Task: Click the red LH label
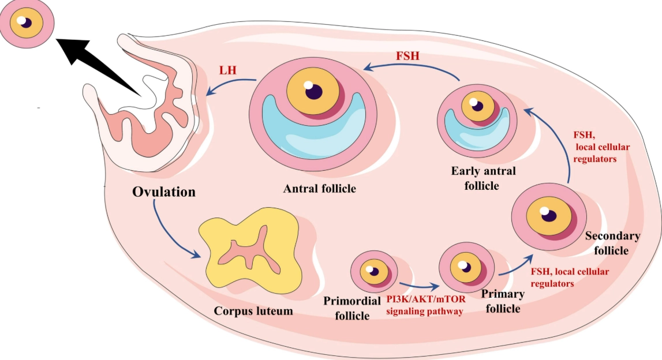229,70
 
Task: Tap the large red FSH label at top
407,57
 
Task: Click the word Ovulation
164,191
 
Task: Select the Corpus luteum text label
253,311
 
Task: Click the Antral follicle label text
319,189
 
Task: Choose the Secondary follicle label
612,243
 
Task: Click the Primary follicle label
503,301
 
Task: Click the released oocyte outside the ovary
28,23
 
